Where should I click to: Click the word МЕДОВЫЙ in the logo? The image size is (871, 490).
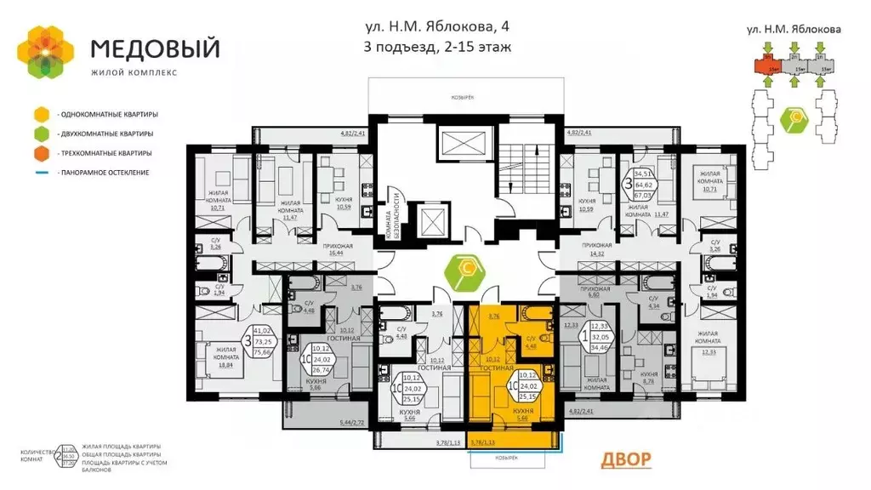155,48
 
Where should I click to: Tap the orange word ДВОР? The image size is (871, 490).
626,459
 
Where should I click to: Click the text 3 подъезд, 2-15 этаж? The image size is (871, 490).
436,47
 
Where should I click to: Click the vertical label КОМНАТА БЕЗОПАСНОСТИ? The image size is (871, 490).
394,222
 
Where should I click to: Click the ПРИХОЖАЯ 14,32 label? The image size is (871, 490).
598,248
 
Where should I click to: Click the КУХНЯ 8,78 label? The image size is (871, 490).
650,378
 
